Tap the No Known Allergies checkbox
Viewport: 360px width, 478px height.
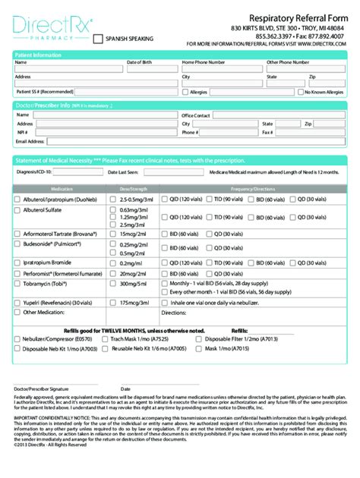pos(301,93)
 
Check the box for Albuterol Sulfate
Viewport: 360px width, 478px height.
pos(19,209)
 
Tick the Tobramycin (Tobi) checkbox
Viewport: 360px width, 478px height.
pos(19,282)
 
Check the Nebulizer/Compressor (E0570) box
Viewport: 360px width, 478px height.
pos(19,340)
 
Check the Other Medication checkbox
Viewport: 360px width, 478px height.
pos(19,311)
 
